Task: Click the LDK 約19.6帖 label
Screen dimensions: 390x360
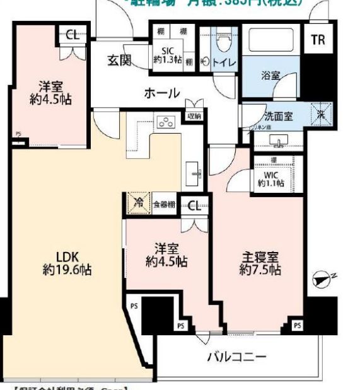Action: [x=67, y=263]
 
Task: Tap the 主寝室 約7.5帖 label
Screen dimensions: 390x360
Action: [x=260, y=263]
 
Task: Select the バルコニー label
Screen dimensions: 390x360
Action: [x=236, y=357]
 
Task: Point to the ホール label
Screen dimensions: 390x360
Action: [x=162, y=93]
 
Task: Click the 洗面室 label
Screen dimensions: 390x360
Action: [x=277, y=115]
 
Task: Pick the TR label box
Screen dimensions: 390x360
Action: [x=317, y=40]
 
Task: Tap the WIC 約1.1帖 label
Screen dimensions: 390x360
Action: [x=270, y=178]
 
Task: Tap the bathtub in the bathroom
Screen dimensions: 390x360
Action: [x=271, y=42]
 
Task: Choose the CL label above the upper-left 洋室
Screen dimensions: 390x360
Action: [x=73, y=35]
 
